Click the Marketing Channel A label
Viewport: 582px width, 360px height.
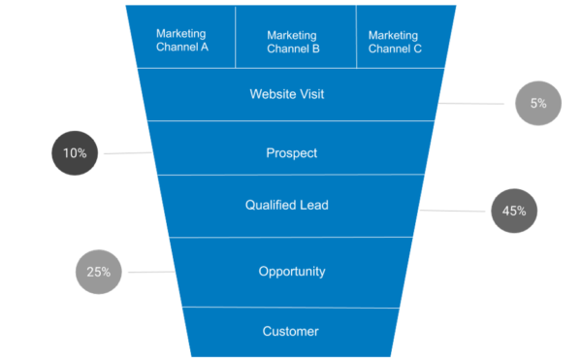point(182,40)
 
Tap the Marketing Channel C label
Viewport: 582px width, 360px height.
point(395,41)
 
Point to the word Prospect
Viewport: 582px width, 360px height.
point(291,153)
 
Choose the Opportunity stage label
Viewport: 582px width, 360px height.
point(291,272)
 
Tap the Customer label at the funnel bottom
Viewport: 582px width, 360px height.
point(291,332)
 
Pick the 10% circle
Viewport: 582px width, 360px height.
point(75,153)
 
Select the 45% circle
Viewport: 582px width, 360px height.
point(513,211)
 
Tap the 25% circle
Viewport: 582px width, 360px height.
point(98,272)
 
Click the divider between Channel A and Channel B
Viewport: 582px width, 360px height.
point(236,37)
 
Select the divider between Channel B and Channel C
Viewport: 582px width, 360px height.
point(356,37)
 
